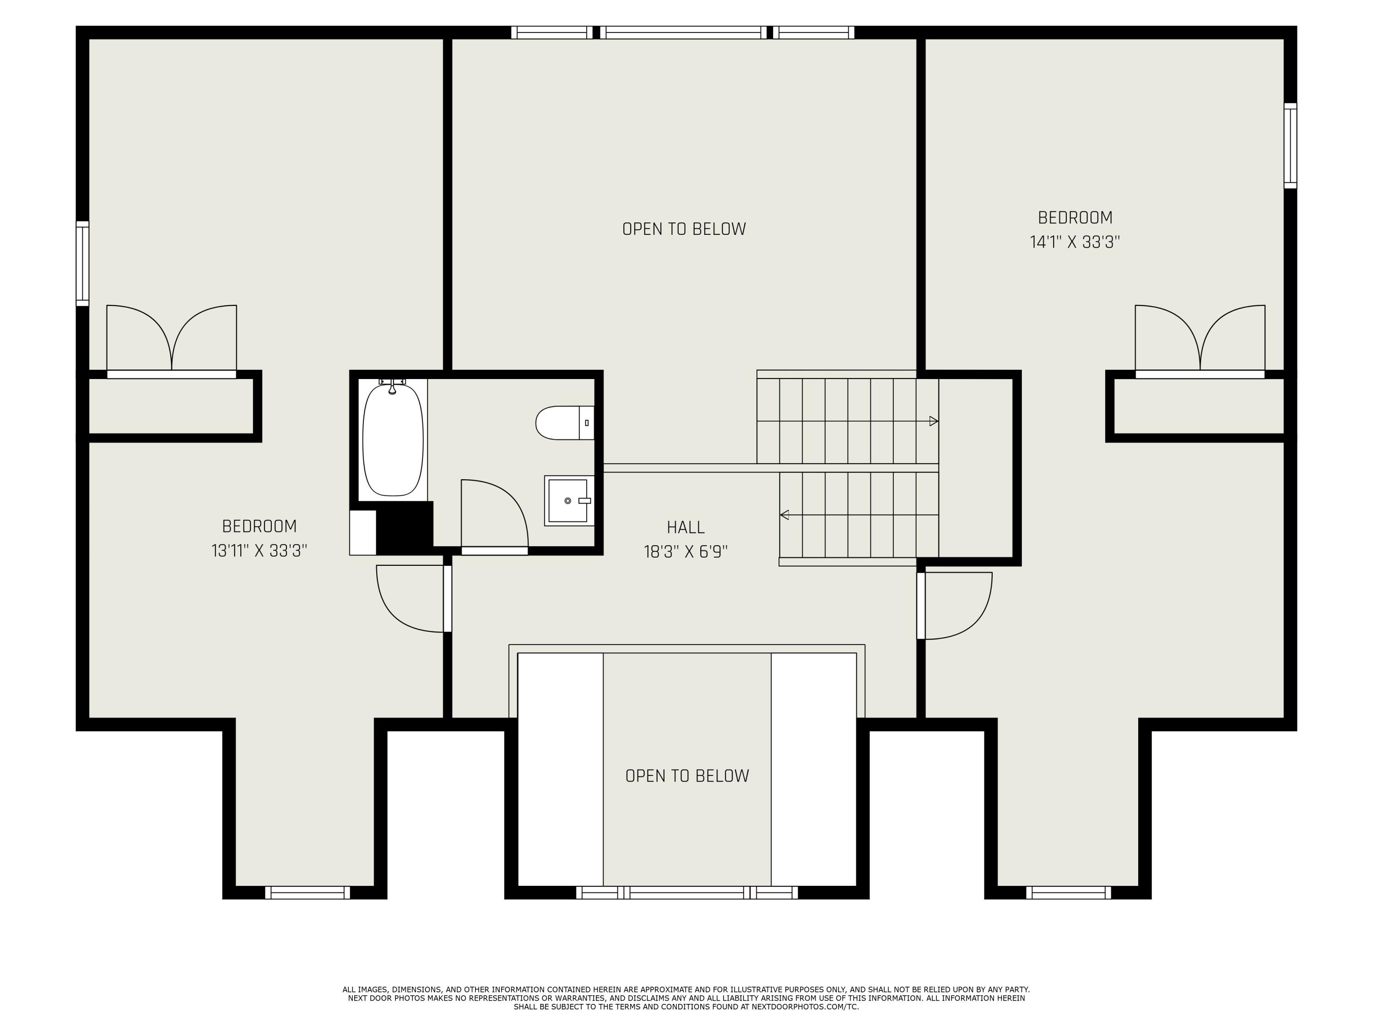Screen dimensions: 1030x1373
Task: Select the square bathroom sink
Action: tap(568, 500)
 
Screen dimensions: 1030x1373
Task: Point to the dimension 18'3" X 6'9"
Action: tap(685, 552)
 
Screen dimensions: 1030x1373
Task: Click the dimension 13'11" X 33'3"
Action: tap(259, 551)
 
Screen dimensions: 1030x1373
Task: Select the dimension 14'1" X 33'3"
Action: tap(1075, 242)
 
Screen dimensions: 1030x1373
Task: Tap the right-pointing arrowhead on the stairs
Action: tap(933, 422)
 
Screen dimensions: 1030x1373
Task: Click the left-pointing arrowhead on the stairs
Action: tap(784, 515)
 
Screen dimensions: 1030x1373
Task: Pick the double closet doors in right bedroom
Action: tap(1200, 340)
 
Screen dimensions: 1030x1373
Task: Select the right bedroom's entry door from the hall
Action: tap(956, 605)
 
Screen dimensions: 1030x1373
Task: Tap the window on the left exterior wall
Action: tap(82, 263)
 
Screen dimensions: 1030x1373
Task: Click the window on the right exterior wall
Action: tap(1290, 146)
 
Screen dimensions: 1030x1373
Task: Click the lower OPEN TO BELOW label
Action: tap(686, 776)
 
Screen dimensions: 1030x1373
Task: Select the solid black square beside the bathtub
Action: tap(404, 528)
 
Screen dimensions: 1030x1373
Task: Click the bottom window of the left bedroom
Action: tap(307, 893)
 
